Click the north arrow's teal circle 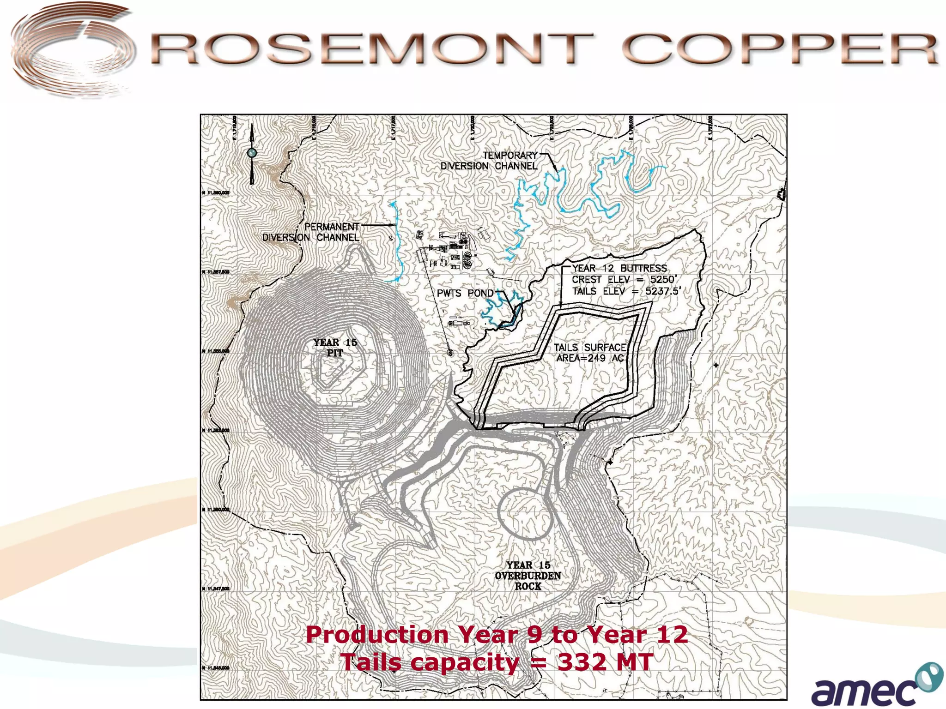(252, 153)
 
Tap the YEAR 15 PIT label (335, 348)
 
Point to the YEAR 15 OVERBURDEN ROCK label (528, 576)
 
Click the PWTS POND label (465, 294)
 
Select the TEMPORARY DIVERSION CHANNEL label (489, 161)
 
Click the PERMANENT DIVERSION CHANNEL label (311, 232)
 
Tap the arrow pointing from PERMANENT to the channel (379, 226)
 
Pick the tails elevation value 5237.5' (663, 291)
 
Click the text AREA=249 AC (590, 359)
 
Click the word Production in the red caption (377, 634)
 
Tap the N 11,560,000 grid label (216, 193)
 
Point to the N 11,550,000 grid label (216, 510)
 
